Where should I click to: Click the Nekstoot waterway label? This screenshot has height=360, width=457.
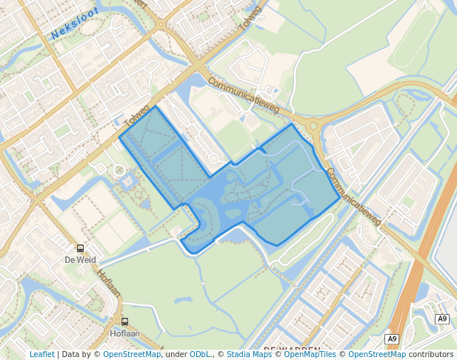(75, 27)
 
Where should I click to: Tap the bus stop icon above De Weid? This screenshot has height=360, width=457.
(80, 249)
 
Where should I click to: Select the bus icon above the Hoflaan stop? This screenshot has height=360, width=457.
(124, 321)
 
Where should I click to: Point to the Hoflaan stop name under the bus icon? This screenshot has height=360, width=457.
(124, 333)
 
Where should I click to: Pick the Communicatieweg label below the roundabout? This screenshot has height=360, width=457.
(354, 196)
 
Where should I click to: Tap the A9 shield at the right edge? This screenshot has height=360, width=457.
(442, 319)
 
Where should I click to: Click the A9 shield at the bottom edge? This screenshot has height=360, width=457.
(392, 339)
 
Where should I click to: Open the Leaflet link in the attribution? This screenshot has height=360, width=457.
(41, 354)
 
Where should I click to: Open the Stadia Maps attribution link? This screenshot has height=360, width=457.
(249, 354)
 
